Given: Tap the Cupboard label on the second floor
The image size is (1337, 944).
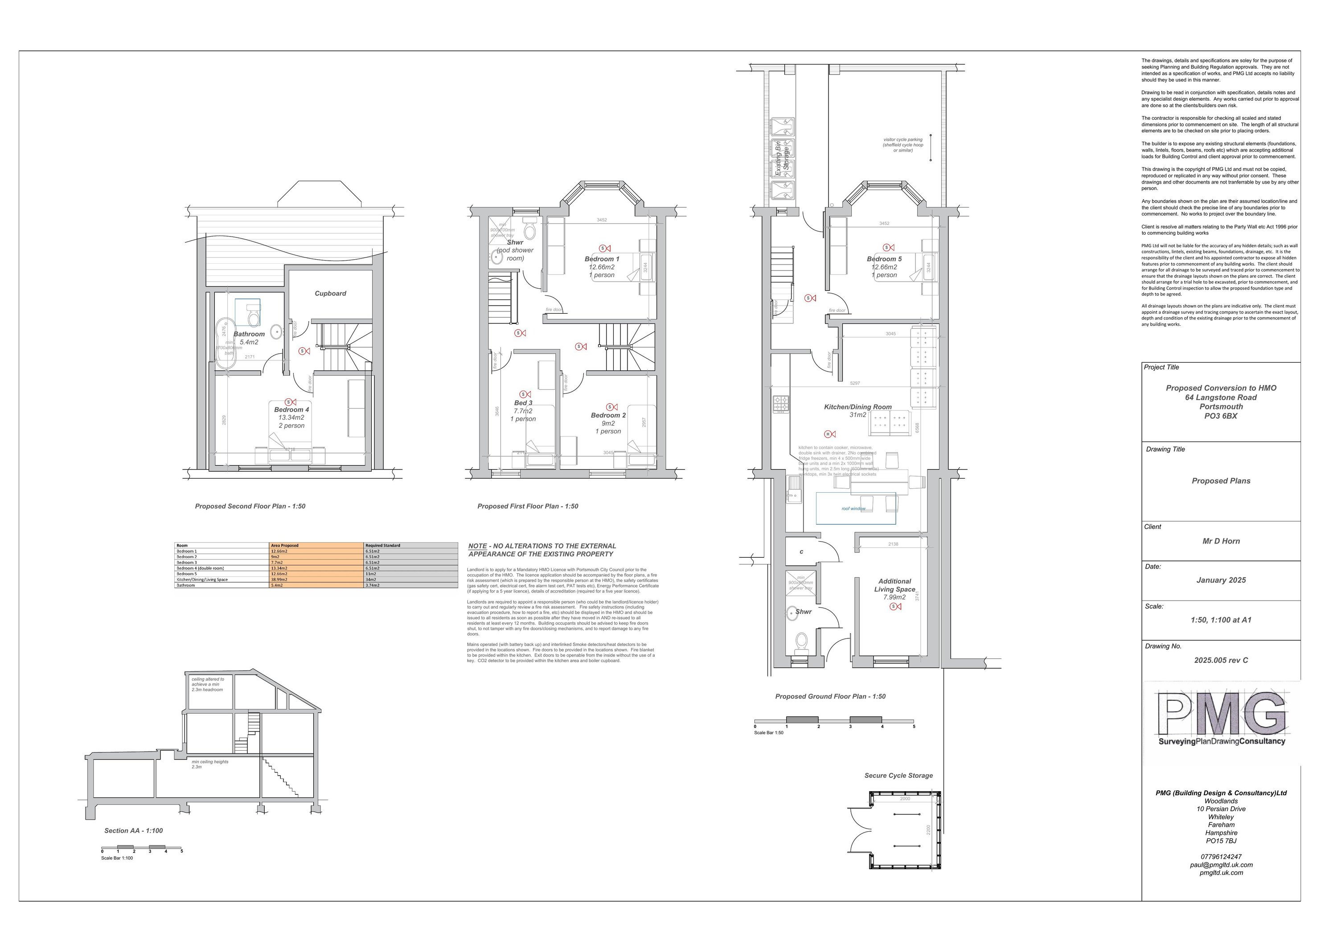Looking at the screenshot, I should click(330, 293).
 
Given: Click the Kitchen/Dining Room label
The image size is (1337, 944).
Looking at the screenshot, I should click(857, 407).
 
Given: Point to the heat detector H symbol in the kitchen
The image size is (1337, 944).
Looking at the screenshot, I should click(828, 434).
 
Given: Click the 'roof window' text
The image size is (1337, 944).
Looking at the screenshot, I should click(853, 509).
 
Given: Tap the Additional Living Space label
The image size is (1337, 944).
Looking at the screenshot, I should click(894, 585).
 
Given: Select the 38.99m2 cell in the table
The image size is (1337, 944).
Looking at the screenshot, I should click(280, 580).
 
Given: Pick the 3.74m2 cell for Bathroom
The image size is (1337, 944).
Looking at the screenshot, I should click(372, 585).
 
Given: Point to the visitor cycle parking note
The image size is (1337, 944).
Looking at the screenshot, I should click(902, 145).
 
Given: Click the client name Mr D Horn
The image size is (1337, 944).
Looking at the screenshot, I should click(1221, 541).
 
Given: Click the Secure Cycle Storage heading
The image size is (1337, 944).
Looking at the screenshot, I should click(898, 775).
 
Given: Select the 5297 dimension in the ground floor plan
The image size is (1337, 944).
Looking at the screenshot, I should click(855, 384).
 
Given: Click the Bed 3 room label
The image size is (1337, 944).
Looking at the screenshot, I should click(523, 403).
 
